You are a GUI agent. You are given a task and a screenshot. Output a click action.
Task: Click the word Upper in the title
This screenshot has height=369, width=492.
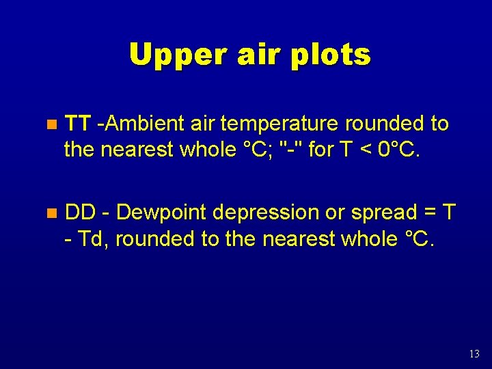[172, 55]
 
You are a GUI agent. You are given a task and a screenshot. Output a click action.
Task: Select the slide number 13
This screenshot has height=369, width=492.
[475, 353]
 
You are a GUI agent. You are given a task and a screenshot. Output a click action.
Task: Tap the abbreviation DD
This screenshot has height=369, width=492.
[80, 213]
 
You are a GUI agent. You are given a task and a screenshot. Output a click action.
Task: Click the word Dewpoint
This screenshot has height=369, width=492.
[161, 213]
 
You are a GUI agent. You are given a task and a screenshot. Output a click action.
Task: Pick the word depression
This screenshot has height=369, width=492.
[266, 213]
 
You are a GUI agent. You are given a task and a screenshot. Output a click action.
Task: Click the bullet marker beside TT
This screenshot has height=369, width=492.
[50, 125]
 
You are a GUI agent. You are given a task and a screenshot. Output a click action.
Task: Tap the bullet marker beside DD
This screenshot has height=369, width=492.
[50, 214]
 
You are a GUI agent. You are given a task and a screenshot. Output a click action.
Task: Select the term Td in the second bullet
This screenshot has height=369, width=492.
[92, 239]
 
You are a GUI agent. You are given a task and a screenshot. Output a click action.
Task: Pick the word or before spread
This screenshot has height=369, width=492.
[333, 213]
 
